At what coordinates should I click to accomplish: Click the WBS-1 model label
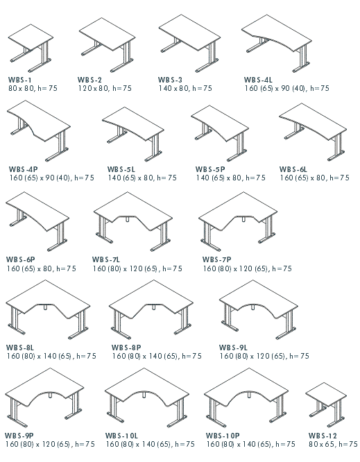click(x=19, y=80)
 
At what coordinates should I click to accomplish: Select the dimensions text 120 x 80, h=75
click(x=105, y=88)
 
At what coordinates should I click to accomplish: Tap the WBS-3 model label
click(x=170, y=80)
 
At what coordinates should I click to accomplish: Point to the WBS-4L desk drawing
click(x=277, y=43)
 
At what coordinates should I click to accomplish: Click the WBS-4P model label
click(x=24, y=169)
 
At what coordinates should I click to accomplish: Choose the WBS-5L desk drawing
click(x=133, y=134)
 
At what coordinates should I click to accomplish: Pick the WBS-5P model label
click(x=210, y=169)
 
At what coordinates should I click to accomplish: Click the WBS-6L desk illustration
click(x=313, y=132)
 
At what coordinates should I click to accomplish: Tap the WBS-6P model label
click(x=20, y=259)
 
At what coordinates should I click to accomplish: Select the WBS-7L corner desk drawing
click(x=133, y=221)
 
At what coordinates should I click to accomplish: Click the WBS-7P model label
click(x=217, y=259)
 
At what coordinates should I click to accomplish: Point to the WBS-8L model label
click(x=19, y=348)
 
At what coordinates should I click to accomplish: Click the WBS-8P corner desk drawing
click(x=151, y=309)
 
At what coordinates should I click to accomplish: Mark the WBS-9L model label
click(x=233, y=348)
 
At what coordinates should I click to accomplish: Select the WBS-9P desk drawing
click(x=44, y=397)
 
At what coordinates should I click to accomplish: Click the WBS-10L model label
click(x=121, y=436)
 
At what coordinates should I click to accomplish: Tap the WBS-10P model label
click(x=223, y=436)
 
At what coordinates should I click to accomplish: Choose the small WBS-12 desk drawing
click(x=326, y=405)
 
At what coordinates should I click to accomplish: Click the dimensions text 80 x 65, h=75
click(x=333, y=444)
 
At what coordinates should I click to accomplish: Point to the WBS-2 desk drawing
click(x=108, y=45)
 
